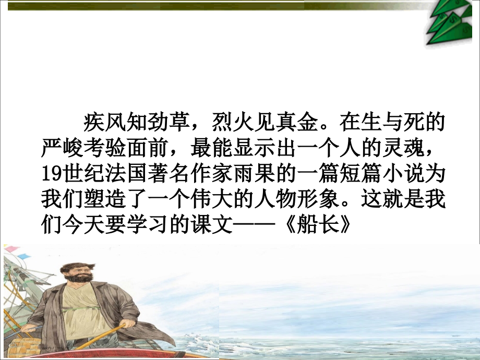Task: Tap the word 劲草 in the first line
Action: (x=170, y=124)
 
